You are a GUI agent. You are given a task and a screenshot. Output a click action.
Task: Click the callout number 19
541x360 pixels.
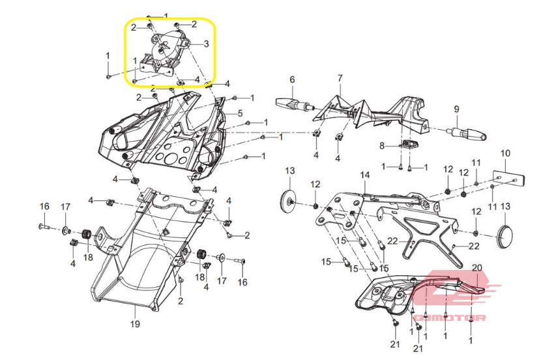pos(135,323)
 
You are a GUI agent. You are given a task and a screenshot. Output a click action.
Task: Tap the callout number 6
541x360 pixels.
pos(292,80)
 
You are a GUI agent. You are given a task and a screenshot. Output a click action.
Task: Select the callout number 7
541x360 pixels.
pos(340,78)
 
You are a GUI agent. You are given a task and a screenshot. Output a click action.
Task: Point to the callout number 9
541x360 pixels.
pos(456,109)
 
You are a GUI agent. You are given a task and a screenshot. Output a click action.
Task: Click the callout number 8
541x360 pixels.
pos(382,145)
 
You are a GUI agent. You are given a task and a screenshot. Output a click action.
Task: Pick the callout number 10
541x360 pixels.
pos(505,153)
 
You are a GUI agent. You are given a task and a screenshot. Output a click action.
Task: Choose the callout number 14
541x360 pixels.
pos(365,175)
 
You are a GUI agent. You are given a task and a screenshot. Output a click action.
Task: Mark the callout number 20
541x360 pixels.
pos(477,267)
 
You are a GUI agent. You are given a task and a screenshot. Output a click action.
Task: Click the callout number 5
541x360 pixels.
pos(240,113)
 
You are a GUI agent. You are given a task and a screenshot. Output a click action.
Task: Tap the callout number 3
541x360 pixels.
pos(207,44)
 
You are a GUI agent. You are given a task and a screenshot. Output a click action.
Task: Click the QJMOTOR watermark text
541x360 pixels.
pos(449,318)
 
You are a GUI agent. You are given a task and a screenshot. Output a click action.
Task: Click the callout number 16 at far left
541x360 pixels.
pos(44,206)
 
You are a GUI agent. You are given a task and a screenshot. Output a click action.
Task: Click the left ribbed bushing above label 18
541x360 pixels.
pos(87,234)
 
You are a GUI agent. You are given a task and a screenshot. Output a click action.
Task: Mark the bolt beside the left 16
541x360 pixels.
pos(44,227)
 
